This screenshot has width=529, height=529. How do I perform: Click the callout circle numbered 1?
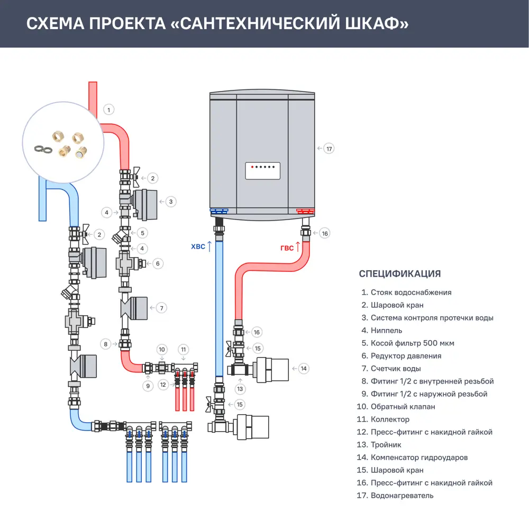coord(108,110)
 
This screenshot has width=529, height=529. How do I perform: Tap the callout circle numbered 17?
coord(329,149)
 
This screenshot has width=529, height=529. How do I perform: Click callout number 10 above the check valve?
coord(162,349)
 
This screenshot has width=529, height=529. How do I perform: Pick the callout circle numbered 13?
coord(241,389)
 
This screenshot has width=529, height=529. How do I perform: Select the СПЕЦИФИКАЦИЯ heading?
coord(399,273)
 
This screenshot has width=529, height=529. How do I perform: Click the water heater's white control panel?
coord(262,170)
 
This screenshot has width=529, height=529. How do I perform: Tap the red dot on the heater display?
coord(252,167)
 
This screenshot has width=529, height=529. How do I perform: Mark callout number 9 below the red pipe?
coord(148,386)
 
